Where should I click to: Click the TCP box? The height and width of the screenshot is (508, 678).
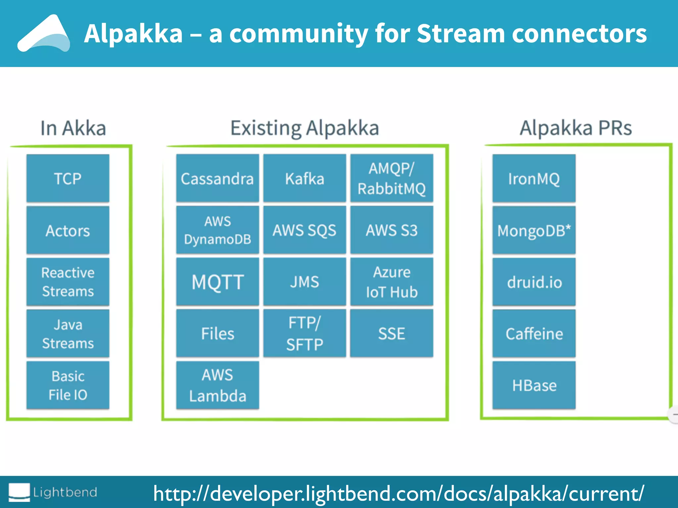(x=68, y=178)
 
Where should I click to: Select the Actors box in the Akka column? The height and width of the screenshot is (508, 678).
(x=68, y=230)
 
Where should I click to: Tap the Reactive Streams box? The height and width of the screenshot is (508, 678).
(x=68, y=282)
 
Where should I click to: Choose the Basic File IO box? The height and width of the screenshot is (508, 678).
(x=68, y=385)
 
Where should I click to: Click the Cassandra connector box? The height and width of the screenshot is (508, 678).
(x=218, y=178)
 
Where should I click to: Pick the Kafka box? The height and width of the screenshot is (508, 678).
(x=305, y=178)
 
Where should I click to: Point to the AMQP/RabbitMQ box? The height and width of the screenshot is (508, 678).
(x=392, y=178)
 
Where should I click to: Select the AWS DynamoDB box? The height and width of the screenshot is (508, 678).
(x=218, y=230)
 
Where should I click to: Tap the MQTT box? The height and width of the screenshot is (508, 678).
(x=218, y=282)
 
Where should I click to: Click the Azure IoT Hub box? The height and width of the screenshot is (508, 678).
(x=392, y=282)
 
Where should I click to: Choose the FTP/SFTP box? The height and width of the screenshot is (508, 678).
(x=305, y=333)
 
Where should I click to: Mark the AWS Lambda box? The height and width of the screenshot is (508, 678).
(x=218, y=385)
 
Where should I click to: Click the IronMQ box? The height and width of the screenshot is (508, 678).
(x=534, y=178)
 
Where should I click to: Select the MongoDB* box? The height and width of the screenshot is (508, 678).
(x=534, y=230)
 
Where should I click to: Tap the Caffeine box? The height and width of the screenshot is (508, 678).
(x=534, y=333)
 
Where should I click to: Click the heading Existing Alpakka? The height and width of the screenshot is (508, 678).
(x=305, y=128)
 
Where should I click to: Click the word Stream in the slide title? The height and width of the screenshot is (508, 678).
(x=460, y=34)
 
